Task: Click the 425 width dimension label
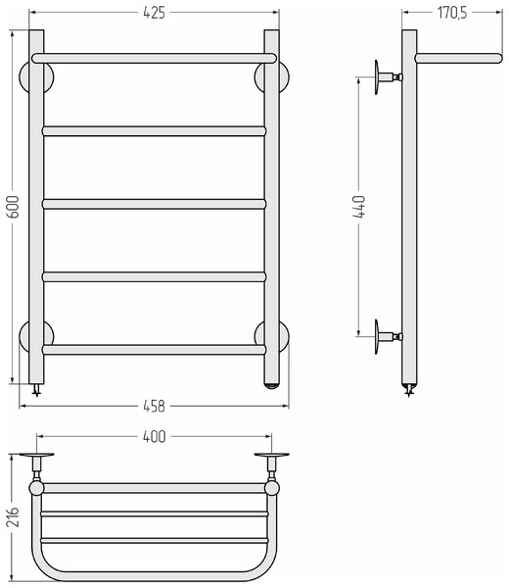154,13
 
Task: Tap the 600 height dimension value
14,207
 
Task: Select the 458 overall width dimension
154,406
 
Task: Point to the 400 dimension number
154,437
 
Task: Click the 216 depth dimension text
13,516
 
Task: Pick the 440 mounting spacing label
359,206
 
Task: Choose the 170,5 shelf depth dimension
452,13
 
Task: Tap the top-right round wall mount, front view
285,76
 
